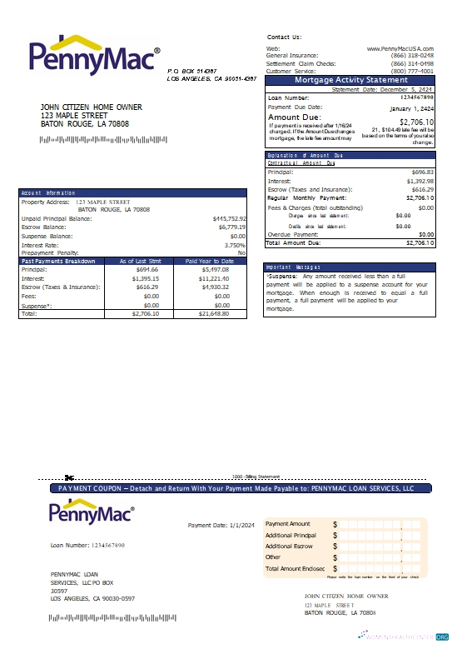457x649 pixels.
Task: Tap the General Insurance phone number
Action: (x=413, y=56)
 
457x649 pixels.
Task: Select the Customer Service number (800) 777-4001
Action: (x=413, y=71)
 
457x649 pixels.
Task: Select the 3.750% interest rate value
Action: (x=235, y=245)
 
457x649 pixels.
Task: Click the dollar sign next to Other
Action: (x=335, y=557)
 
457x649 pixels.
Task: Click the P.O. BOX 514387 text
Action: (x=192, y=72)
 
